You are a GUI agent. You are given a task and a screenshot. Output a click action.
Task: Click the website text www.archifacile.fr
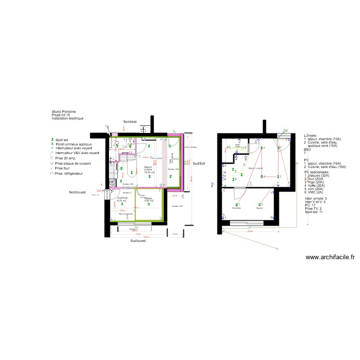coord(330,257)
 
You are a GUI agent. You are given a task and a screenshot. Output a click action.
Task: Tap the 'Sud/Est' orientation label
coord(199,163)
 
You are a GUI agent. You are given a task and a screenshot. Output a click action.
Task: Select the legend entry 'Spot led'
coord(62,140)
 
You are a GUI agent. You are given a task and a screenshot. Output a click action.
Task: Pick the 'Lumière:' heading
coord(311,136)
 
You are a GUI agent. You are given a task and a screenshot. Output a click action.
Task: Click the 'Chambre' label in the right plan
coord(236,208)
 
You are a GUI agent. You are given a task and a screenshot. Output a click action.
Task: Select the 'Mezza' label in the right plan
coord(259,208)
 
